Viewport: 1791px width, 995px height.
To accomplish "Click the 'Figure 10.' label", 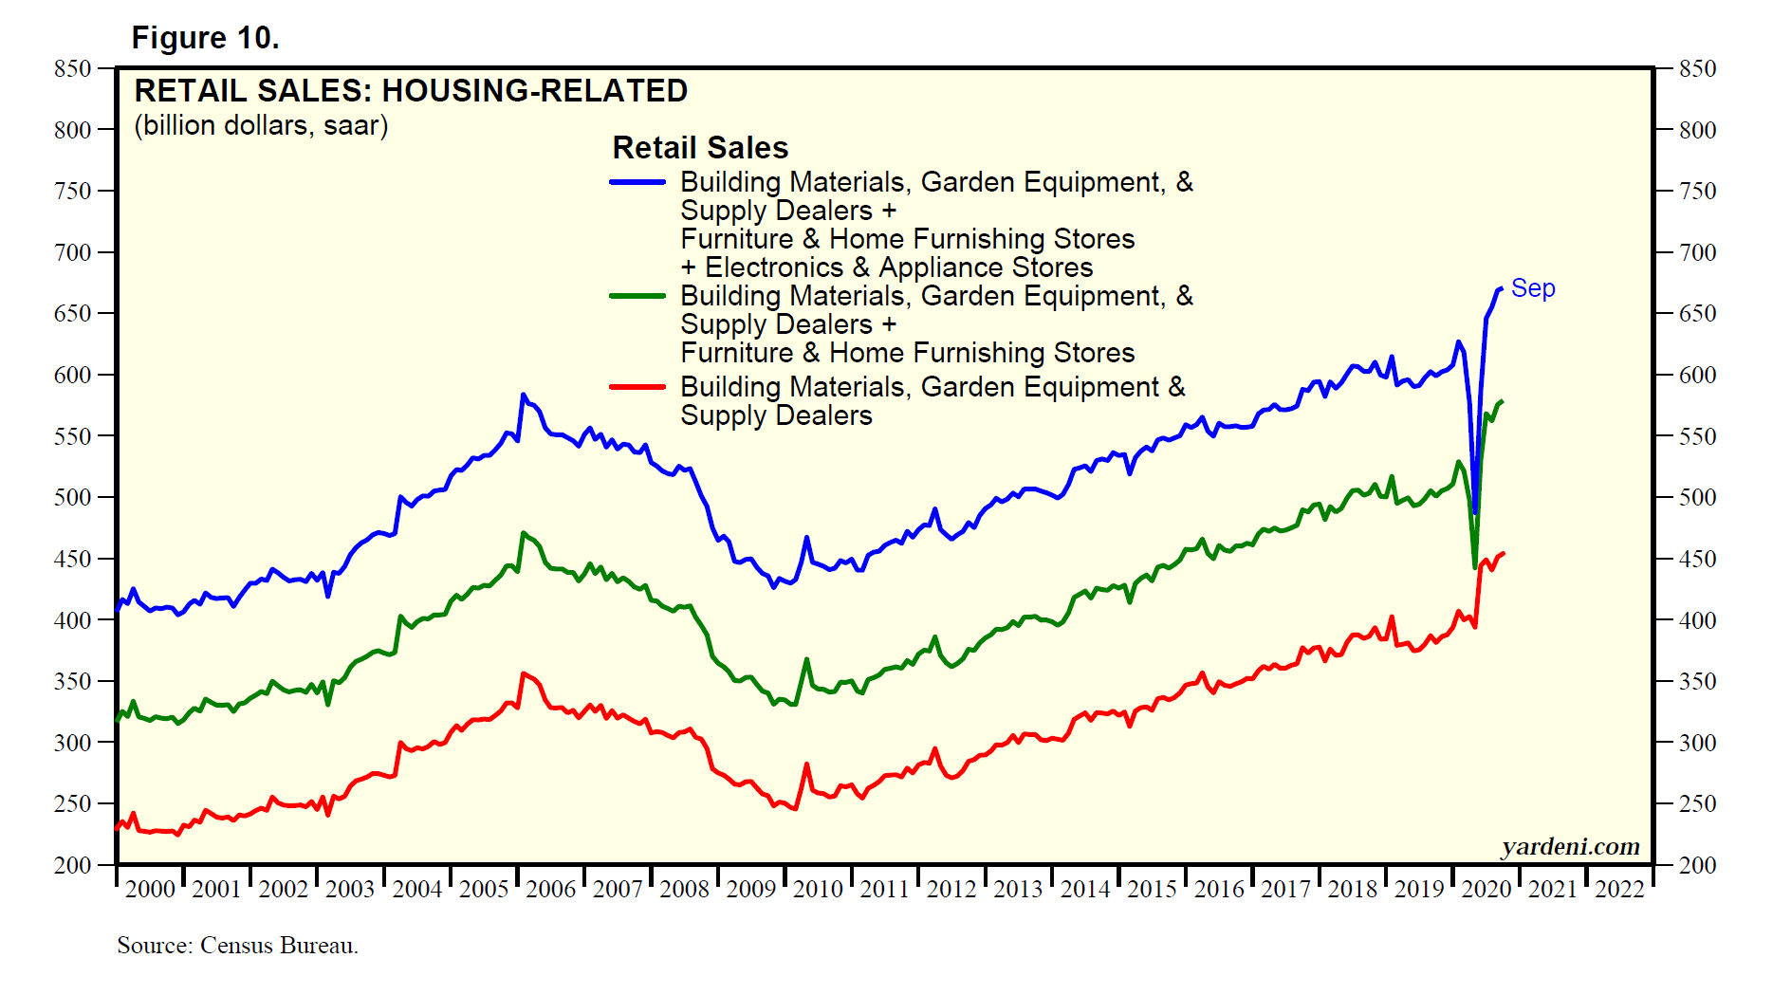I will point(205,38).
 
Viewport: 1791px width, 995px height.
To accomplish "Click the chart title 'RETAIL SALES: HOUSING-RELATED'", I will point(411,91).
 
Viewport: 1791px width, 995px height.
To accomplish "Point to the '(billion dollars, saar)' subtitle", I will point(261,125).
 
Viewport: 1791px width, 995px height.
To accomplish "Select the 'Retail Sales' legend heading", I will point(700,148).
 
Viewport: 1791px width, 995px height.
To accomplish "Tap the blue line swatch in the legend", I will point(637,181).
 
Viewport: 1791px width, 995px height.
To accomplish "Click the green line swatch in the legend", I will point(637,296).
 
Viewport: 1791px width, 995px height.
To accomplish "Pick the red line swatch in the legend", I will point(637,387).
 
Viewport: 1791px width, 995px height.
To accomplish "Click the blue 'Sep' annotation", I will point(1533,288).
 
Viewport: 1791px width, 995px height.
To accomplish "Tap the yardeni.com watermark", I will point(1570,846).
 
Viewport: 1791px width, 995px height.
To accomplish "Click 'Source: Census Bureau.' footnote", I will point(237,946).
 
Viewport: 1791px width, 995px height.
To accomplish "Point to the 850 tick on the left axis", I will point(73,68).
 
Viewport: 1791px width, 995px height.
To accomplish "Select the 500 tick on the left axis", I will point(73,497).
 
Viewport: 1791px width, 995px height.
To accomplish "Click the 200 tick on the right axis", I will point(1697,865).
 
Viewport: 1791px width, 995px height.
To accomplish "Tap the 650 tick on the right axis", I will point(1697,313).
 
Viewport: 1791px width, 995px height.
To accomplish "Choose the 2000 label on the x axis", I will point(151,890).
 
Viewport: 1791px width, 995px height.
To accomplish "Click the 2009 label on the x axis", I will point(751,890).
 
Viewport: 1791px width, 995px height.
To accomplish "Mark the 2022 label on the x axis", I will point(1619,890).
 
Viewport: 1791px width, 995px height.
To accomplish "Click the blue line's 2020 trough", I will point(1475,513).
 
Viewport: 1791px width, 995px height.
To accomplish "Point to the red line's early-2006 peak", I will point(524,673).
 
